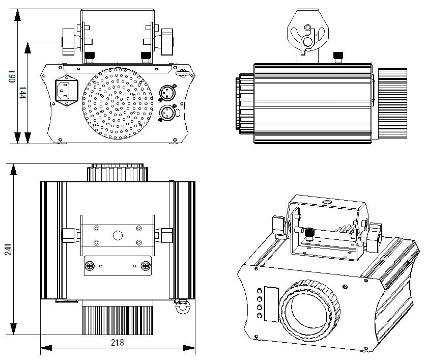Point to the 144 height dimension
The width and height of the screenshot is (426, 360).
tap(23, 93)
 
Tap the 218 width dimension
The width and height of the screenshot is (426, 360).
tap(117, 342)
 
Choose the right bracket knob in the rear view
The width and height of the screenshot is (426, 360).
tap(167, 42)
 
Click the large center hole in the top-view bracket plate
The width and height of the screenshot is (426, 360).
tap(118, 235)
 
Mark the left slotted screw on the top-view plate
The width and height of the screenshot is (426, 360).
tap(90, 265)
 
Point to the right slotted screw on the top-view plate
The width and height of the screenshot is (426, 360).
tap(146, 265)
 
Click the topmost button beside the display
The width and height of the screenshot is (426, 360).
tap(260, 291)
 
